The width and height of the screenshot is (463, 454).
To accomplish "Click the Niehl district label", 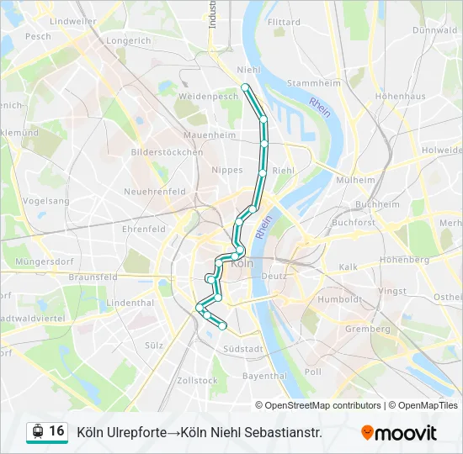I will click(249, 70).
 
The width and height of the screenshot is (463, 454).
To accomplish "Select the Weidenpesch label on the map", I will click(208, 97).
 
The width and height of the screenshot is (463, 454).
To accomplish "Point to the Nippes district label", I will click(228, 169).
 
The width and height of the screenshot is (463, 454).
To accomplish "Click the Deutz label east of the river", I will click(274, 275).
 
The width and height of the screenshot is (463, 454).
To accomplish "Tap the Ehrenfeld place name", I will click(144, 229).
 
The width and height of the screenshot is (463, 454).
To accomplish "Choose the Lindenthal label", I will click(131, 302).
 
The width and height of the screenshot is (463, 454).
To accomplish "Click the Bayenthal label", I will click(264, 376).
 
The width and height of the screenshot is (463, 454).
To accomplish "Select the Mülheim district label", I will click(355, 180).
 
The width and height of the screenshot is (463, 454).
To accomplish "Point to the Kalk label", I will click(348, 267).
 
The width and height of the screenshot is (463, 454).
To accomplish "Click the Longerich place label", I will click(129, 40).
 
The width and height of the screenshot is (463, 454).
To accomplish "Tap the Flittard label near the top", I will click(284, 22).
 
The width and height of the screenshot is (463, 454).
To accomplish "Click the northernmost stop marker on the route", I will click(245, 87).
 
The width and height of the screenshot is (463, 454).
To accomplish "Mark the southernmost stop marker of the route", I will click(223, 325).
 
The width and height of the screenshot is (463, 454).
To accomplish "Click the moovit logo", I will click(399, 433).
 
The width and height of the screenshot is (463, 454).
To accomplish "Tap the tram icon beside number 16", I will click(37, 431).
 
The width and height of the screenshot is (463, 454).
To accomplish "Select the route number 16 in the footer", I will click(56, 431).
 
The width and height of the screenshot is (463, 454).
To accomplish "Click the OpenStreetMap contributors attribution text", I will click(323, 405).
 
